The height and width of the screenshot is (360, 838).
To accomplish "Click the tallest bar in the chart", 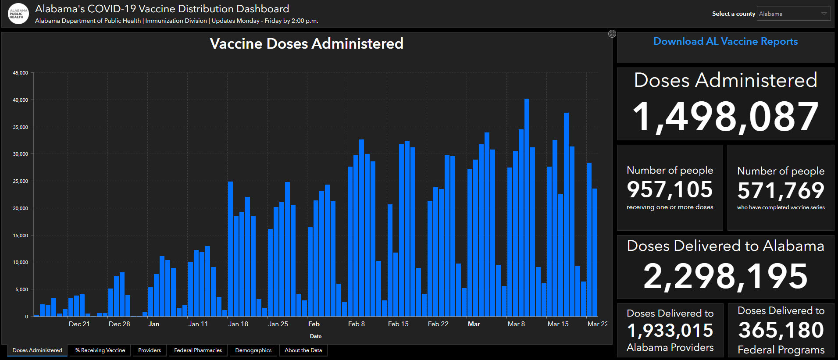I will click(527, 206).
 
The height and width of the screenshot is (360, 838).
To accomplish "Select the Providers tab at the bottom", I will click(150, 350).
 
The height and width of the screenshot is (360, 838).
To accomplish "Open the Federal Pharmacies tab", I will click(198, 350).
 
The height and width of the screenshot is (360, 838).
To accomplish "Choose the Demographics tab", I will click(253, 350).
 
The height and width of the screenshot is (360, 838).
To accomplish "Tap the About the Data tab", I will click(303, 350).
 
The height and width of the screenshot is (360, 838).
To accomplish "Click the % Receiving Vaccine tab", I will click(100, 350).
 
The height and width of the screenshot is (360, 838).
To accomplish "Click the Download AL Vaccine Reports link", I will click(725, 42).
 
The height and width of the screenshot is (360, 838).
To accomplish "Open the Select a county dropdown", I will click(794, 14).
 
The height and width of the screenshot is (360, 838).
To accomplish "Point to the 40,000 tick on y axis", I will click(20, 100).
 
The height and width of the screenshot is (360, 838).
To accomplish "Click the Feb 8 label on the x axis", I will click(356, 324).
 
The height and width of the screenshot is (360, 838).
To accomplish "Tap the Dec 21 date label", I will click(79, 324).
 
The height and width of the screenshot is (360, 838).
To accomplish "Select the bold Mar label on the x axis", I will click(474, 324).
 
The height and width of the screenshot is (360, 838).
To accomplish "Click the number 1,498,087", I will click(725, 117).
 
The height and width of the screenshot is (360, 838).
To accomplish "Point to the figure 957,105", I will click(670, 190).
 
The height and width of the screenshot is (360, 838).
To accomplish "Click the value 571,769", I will click(781, 191).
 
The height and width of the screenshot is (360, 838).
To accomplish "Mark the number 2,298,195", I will click(725, 276).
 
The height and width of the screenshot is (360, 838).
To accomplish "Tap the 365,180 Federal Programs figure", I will click(781, 330).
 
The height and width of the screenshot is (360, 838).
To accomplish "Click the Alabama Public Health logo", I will click(18, 14).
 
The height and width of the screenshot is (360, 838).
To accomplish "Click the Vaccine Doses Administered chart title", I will click(307, 44).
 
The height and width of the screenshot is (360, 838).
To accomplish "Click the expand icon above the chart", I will click(612, 34).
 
